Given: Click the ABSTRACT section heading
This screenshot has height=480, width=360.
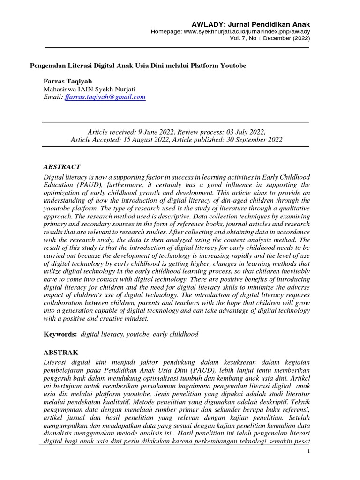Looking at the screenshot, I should tap(62, 167).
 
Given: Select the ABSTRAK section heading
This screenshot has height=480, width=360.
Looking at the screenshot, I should tap(61, 352).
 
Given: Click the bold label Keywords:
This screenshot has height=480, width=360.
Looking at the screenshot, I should tap(60, 334).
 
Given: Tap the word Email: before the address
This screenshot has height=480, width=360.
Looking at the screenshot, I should tap(52, 97).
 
